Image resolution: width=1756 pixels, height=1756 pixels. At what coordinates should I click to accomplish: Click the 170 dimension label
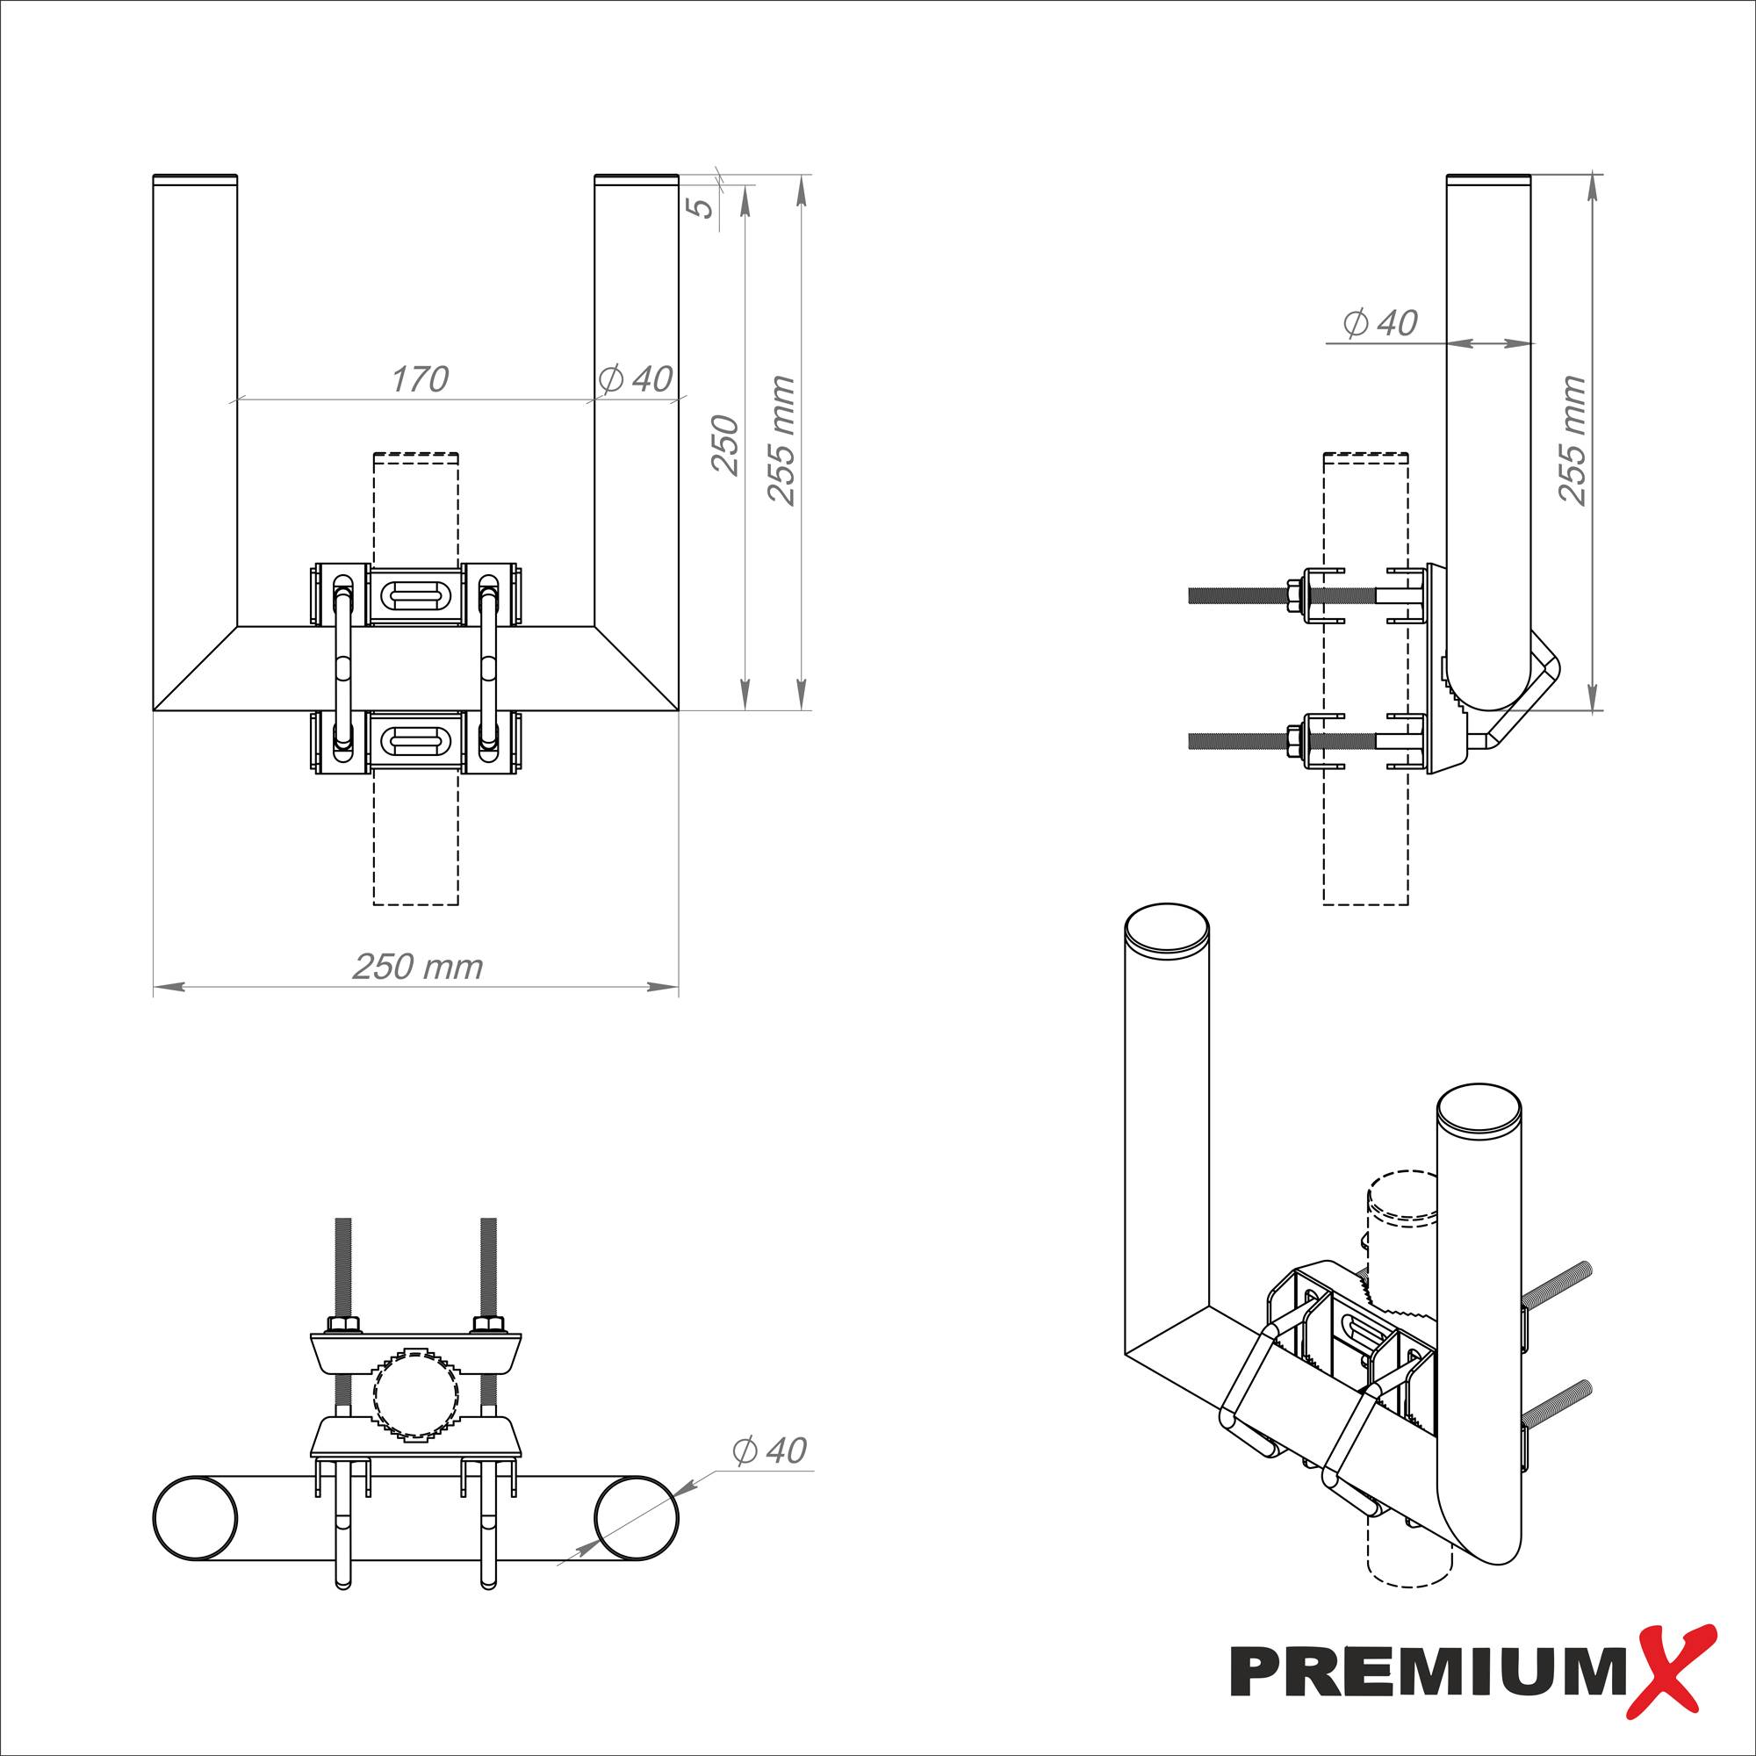coord(420,379)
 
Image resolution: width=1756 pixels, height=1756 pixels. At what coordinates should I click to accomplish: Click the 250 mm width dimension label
coord(417,966)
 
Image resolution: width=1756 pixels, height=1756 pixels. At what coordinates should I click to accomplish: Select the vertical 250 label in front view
coord(724,444)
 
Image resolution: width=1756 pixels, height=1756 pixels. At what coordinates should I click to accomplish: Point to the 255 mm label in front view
coord(781,440)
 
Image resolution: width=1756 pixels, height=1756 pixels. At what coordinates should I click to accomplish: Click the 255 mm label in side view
coord(1572,440)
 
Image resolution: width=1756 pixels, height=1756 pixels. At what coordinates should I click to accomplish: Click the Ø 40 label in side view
coord(1379,322)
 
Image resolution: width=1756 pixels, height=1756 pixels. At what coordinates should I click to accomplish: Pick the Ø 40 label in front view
coord(636,379)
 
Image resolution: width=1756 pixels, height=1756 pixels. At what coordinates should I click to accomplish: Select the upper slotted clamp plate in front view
coord(415,594)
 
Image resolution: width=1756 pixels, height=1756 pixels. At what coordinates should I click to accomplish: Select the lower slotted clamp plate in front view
coord(415,740)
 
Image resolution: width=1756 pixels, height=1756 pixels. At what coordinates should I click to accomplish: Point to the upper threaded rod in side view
coord(1236,595)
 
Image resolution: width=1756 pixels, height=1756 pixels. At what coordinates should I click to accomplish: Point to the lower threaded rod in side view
coord(1236,741)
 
